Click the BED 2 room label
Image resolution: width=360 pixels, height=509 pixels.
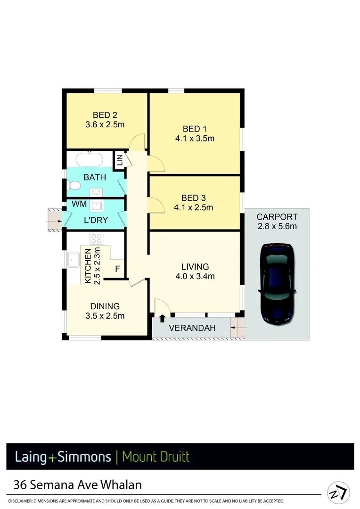pyautogui.click(x=105, y=115)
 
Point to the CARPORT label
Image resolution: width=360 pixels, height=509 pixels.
pyautogui.click(x=277, y=217)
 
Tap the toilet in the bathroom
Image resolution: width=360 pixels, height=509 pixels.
pyautogui.click(x=73, y=187)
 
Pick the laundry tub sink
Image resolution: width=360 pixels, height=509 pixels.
pyautogui.click(x=98, y=206)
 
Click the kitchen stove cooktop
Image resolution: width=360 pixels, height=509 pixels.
pyautogui.click(x=97, y=238)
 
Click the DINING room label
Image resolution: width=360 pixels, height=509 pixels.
pyautogui.click(x=105, y=306)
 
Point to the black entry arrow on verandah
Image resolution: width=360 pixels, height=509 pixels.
pyautogui.click(x=162, y=319)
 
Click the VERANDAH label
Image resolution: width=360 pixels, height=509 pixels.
pyautogui.click(x=192, y=328)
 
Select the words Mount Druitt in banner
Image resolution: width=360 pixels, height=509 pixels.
pyautogui.click(x=155, y=457)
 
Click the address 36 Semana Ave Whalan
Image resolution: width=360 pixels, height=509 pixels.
pyautogui.click(x=78, y=484)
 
